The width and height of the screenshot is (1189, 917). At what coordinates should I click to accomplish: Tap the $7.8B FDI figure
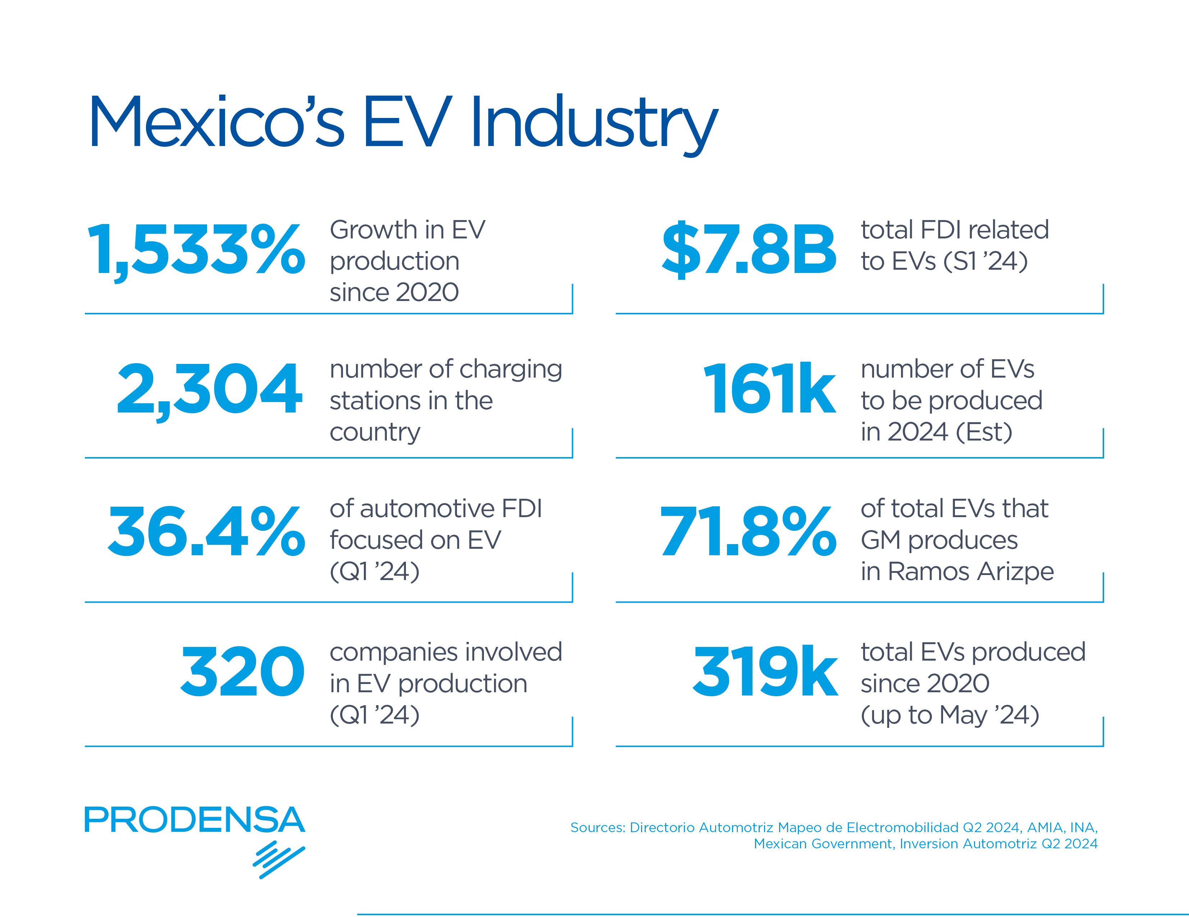click(x=749, y=250)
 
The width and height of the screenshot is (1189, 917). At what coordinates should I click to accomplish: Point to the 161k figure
click(x=769, y=390)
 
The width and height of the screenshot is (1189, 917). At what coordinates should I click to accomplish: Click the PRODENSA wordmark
click(x=195, y=820)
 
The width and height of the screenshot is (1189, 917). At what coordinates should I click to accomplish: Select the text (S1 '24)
click(x=986, y=261)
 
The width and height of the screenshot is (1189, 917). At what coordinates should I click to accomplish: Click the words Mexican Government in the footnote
click(x=823, y=844)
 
